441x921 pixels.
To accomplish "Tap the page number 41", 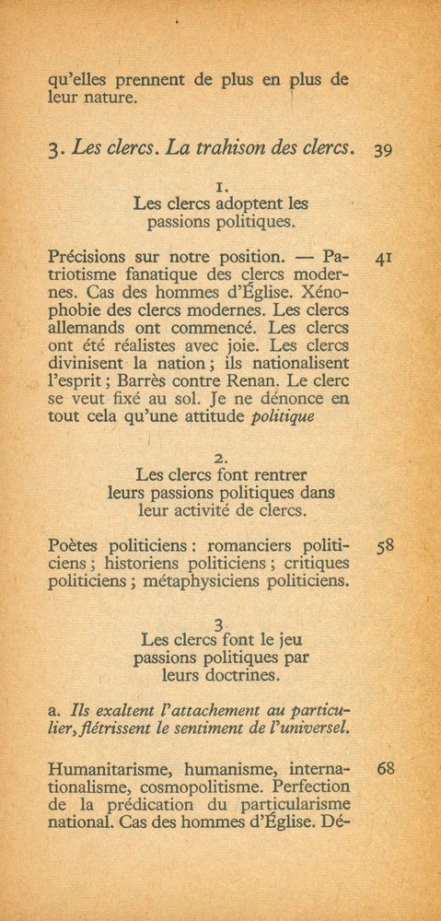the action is pos(384,260).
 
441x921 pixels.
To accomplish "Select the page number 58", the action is pos(385,546).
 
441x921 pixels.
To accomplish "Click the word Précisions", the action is pos(89,254).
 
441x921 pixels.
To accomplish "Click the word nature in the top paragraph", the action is pos(115,98).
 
